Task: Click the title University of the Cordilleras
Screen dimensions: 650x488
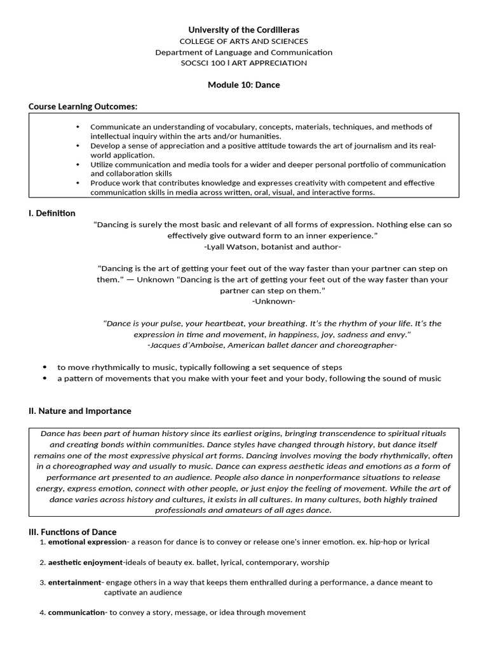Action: (243, 30)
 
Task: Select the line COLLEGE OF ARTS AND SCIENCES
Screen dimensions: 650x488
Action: (243, 41)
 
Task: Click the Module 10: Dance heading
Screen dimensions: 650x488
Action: (243, 84)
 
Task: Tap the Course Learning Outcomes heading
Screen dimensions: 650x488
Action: (83, 106)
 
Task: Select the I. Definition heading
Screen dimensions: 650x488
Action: (52, 213)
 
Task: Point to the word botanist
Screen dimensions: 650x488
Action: (278, 246)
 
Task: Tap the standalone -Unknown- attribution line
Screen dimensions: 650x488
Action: (273, 301)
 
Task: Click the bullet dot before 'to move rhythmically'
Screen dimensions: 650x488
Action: (44, 368)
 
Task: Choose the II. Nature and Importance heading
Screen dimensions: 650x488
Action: (80, 411)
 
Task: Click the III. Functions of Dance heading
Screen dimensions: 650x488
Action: (72, 531)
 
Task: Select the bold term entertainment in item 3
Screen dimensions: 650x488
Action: (74, 582)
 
